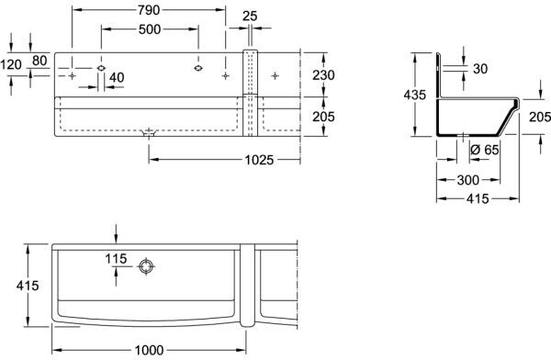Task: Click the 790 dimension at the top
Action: [149, 10]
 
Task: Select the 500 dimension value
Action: [150, 29]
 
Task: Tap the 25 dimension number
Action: [250, 16]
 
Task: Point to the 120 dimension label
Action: [11, 64]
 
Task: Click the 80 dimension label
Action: [39, 61]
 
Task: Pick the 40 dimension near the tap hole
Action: [117, 77]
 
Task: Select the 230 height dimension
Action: [323, 75]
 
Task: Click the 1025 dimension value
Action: [259, 161]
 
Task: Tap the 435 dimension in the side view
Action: [415, 95]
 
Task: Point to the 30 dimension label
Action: [480, 69]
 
